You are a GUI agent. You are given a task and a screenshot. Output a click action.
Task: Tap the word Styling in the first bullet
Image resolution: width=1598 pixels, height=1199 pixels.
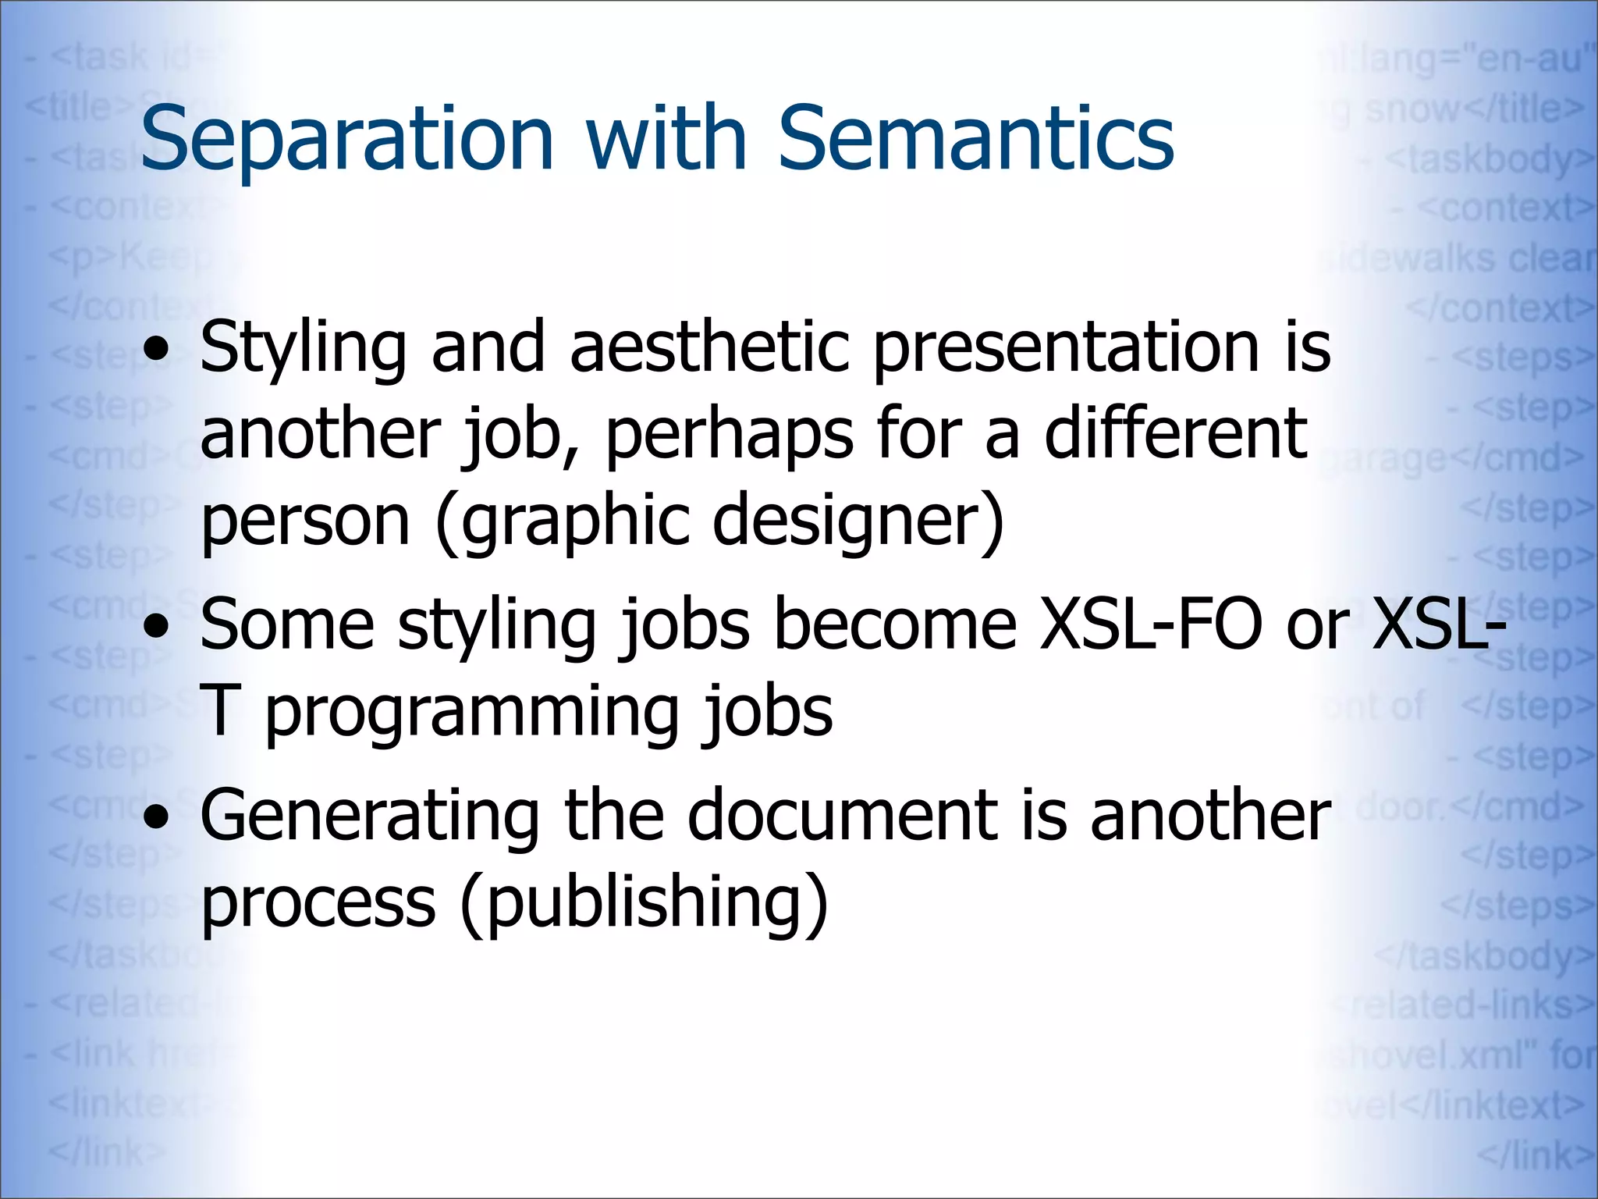click(x=303, y=349)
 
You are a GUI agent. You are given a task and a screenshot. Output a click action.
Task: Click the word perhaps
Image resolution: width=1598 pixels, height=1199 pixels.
click(x=729, y=436)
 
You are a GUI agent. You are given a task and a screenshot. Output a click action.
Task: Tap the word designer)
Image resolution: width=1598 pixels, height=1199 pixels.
click(x=858, y=521)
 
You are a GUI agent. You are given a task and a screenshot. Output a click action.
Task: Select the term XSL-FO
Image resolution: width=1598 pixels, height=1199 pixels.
click(x=1152, y=624)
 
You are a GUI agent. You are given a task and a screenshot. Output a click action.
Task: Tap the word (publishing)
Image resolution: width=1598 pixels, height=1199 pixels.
click(x=644, y=904)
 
